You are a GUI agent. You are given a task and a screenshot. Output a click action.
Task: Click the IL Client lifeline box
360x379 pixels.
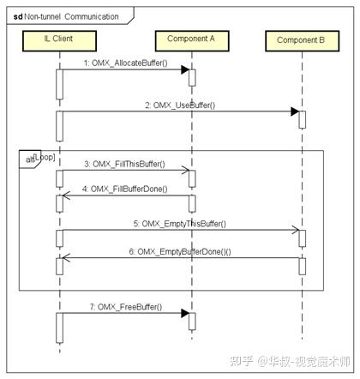click(57, 39)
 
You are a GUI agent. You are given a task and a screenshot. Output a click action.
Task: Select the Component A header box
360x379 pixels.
click(190, 39)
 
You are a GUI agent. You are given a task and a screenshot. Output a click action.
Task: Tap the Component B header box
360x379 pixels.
click(301, 40)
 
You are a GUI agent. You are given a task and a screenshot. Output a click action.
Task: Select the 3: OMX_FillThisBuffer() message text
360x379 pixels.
click(124, 164)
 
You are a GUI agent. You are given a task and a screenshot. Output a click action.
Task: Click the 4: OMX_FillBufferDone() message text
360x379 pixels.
click(124, 189)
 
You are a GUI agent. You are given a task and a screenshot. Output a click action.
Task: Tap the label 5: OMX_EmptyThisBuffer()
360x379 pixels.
click(180, 223)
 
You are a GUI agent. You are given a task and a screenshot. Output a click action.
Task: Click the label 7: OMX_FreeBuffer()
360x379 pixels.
click(124, 306)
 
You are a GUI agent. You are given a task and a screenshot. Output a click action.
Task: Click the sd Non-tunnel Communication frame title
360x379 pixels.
click(64, 15)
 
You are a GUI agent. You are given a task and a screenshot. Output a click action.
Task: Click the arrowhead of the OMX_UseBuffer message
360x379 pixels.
click(294, 111)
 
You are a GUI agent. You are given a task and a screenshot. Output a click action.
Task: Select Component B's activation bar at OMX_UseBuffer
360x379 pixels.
click(302, 119)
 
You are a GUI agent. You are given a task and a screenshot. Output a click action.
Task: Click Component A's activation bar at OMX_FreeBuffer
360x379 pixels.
click(191, 321)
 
